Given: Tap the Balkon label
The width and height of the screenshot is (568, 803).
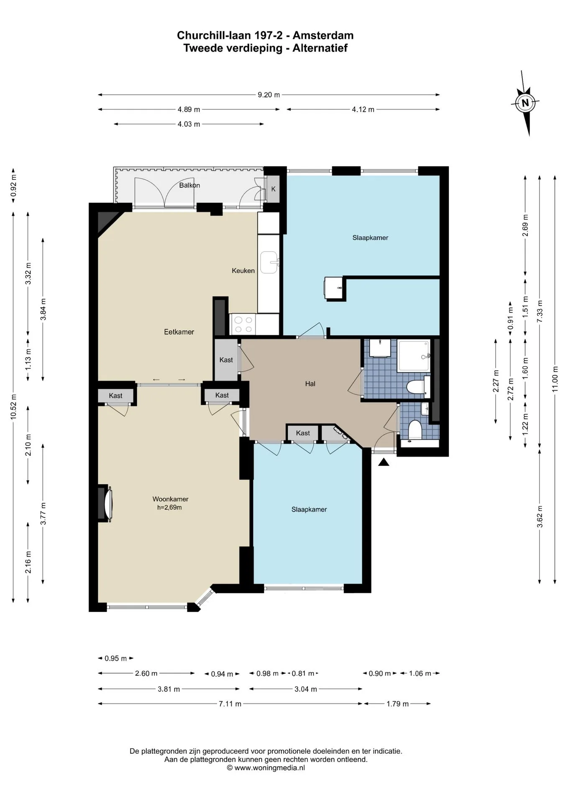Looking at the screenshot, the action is pos(189,185).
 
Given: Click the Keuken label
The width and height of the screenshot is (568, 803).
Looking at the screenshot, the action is pos(243,271).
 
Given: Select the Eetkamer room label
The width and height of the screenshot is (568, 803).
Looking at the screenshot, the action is pos(179,332).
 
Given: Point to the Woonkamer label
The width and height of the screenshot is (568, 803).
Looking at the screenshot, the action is pos(170,499).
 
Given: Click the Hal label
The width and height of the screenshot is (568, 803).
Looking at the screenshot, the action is pos(310,384).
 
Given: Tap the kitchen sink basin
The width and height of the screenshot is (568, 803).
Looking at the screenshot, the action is pos(269,262).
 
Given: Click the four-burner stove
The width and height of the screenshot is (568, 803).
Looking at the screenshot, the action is pos(243,325).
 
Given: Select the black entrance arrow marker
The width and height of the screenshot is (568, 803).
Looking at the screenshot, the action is pos(384,462).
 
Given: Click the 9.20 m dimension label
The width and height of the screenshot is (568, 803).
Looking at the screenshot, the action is pos(269,95).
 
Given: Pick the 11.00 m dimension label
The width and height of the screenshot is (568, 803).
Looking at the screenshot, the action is pos(555,379).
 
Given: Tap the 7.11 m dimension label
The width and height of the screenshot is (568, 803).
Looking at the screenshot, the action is pos(230,704).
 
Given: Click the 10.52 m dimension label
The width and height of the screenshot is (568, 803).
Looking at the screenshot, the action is pos(13,407).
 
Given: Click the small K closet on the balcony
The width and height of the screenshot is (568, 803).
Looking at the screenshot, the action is pos(273,189).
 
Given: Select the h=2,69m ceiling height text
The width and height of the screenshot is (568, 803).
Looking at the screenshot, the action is pos(169,508).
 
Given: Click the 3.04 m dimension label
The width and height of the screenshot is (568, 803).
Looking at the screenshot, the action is pos(306,689).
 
